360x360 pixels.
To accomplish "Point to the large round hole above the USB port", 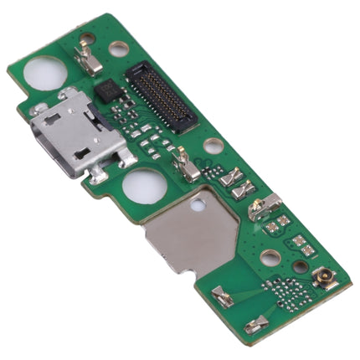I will tap(45, 74).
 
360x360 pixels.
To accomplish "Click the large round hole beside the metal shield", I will tap(145, 187).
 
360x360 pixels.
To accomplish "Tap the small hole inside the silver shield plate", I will tap(198, 203).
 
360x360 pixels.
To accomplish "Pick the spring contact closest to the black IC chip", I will tap(88, 59).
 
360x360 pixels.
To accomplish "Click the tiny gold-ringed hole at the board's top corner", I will tap(86, 38).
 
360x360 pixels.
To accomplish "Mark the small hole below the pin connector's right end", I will tap(213, 146).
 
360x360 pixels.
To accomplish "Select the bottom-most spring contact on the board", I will tap(257, 323).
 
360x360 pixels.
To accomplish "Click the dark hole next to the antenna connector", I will tap(300, 267).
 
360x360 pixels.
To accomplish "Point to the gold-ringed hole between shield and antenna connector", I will tap(270, 257).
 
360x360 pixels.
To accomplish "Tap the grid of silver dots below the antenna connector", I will tap(289, 292).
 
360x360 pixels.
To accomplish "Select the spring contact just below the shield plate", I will tap(223, 296).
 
